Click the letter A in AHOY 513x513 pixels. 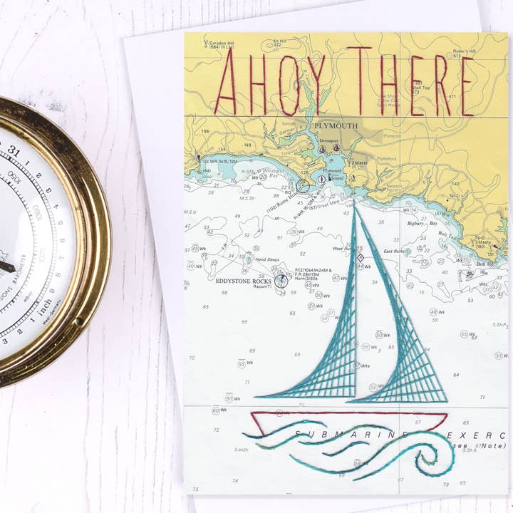tap(227, 84)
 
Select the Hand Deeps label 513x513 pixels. tap(266, 260)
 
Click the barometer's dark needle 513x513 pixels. tap(6, 267)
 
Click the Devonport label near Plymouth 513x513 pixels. tap(329, 141)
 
